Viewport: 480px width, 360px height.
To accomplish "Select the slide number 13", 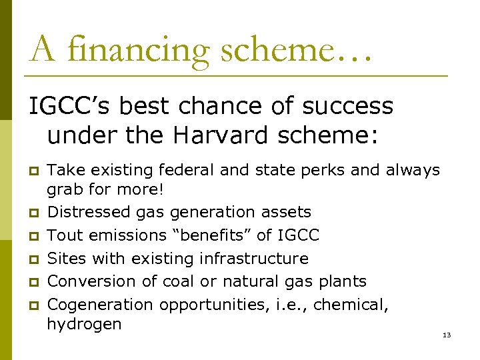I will (x=446, y=335).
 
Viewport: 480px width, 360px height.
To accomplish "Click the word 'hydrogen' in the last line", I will (x=84, y=325).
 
